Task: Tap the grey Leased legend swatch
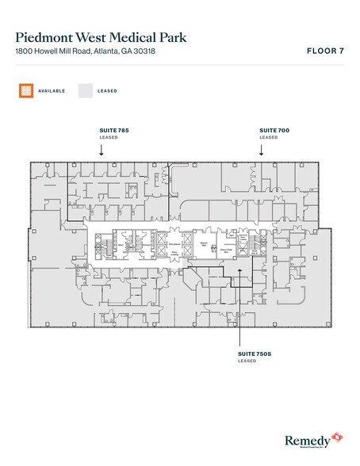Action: tap(86, 90)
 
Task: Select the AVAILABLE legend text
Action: tap(52, 90)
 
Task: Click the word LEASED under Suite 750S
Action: tap(247, 361)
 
